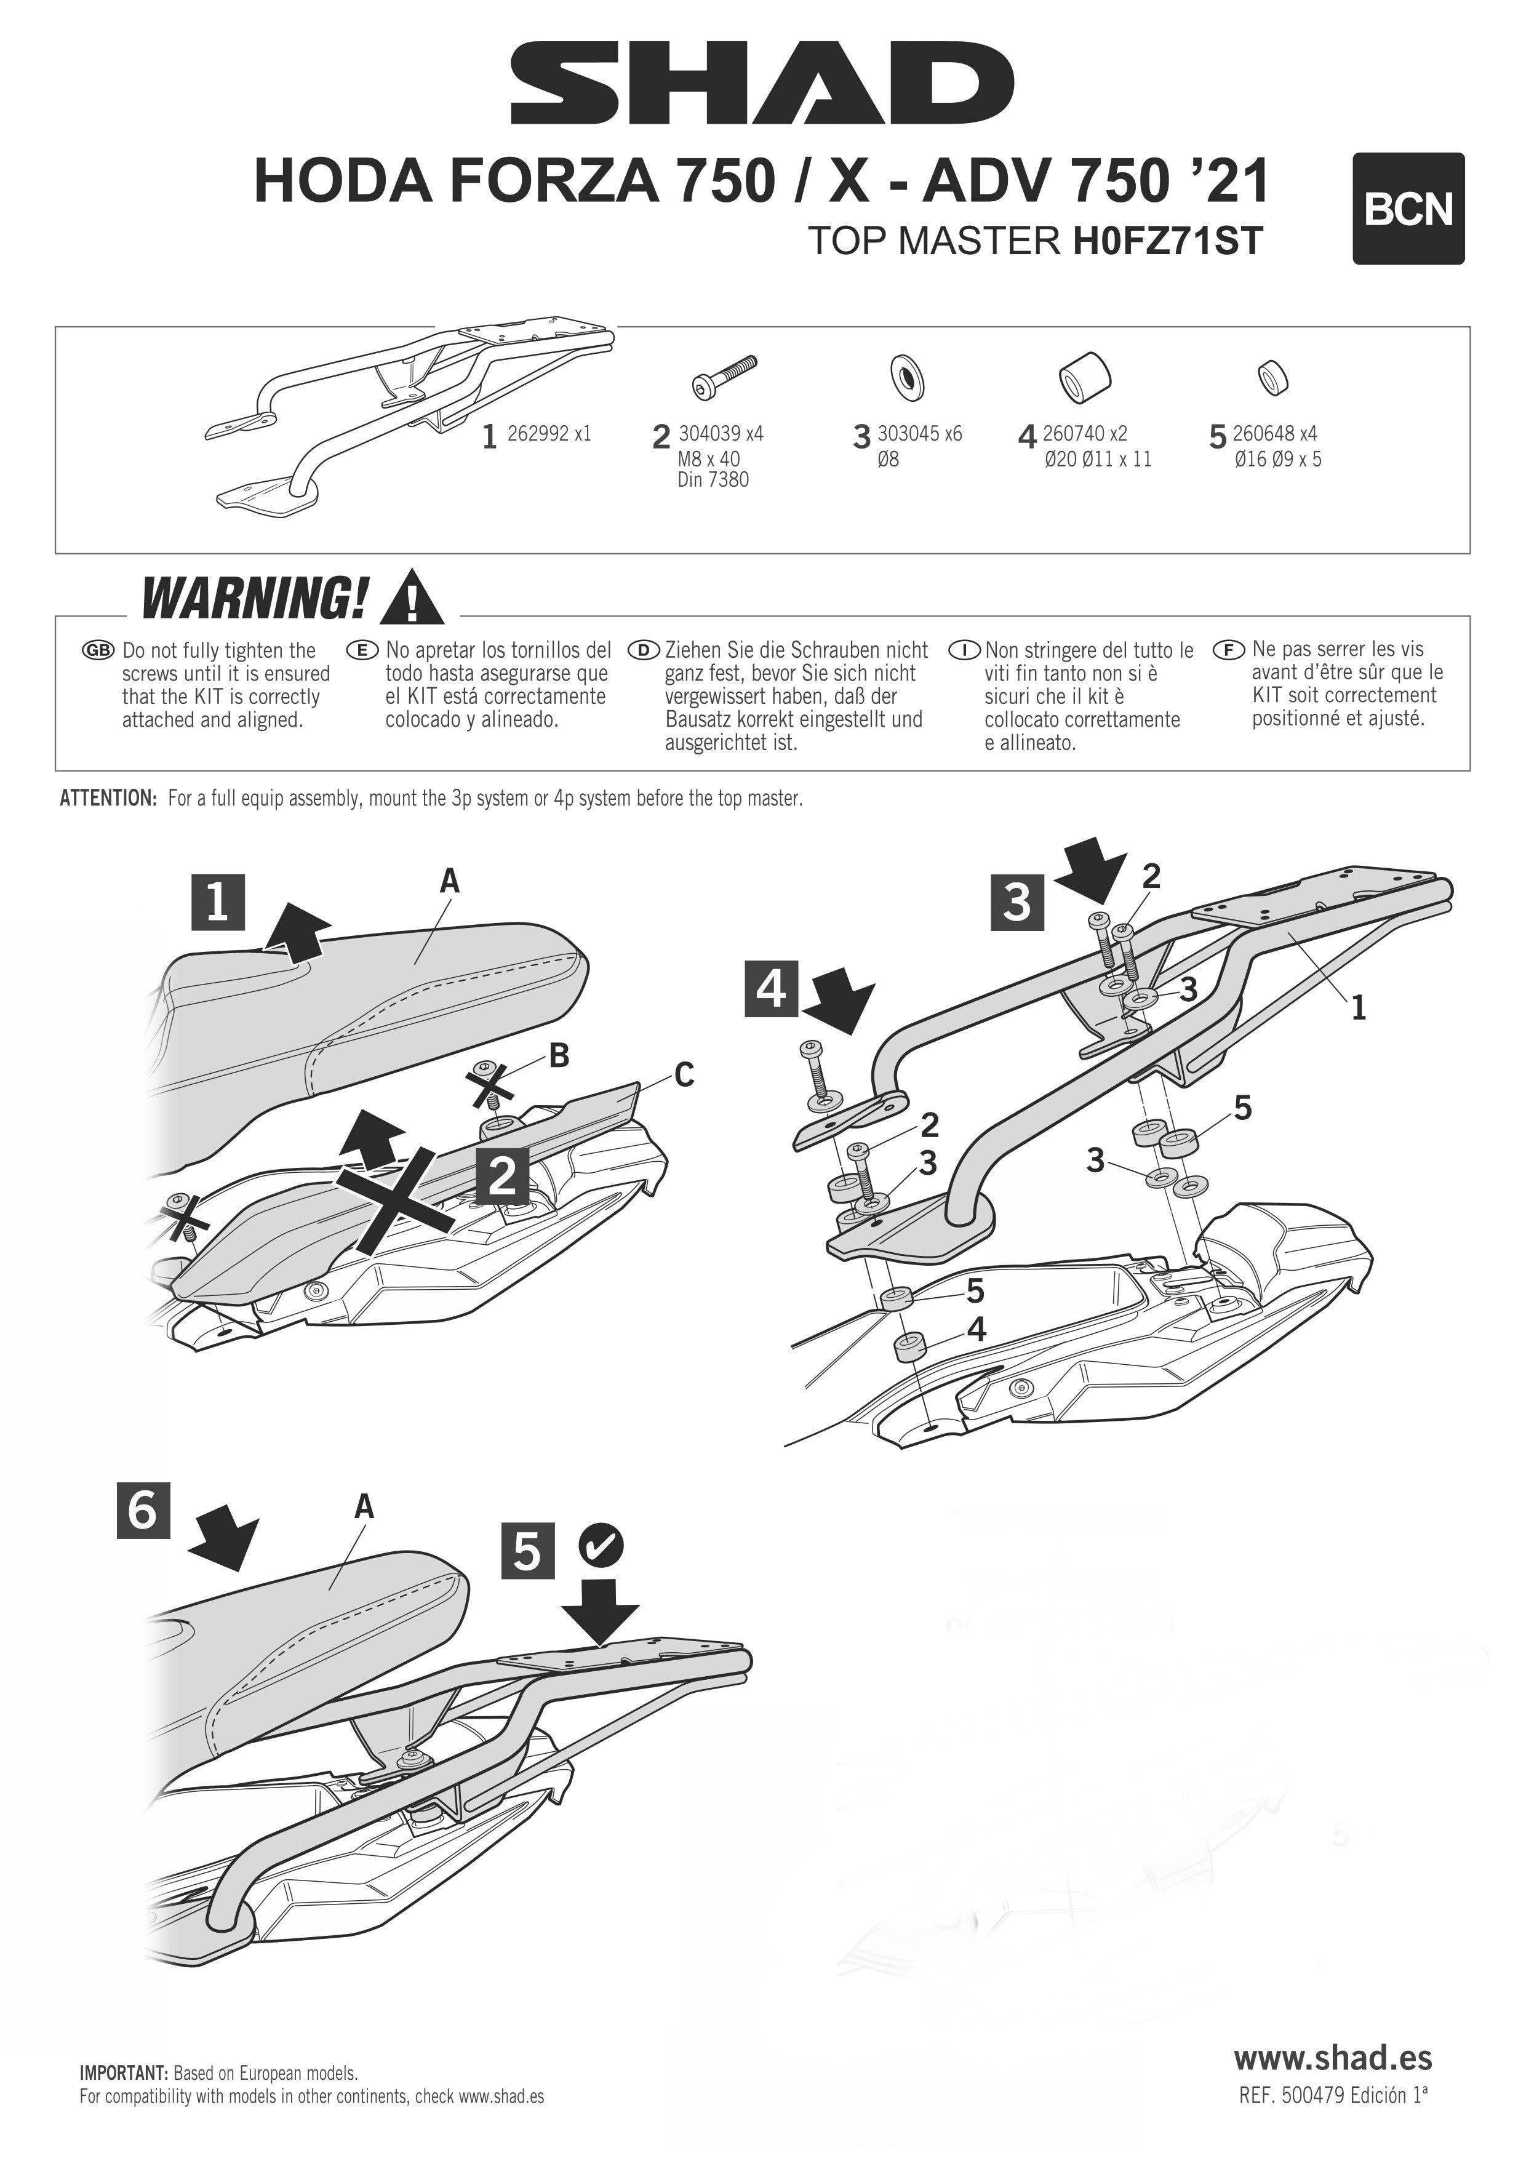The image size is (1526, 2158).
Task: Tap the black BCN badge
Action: click(1408, 209)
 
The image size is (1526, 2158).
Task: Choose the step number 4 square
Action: click(772, 989)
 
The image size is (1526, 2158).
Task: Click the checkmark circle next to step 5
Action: click(601, 1545)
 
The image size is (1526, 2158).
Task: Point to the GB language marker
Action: click(98, 650)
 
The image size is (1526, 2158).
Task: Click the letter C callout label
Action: click(684, 1074)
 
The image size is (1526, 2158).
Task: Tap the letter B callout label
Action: click(558, 1055)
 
